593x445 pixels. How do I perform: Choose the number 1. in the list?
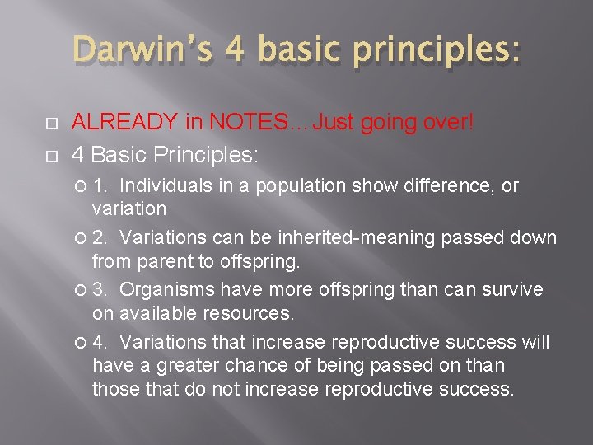[101, 185]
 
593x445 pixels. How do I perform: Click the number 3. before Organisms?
[101, 289]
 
